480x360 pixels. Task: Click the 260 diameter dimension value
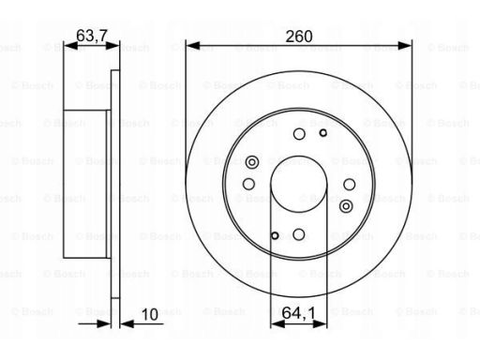tap(299, 37)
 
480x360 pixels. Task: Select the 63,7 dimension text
tap(92, 36)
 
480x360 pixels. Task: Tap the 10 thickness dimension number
tap(150, 314)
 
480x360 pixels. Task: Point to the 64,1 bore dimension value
tap(298, 313)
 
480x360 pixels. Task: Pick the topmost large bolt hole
tap(299, 134)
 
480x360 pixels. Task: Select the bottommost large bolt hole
tap(299, 234)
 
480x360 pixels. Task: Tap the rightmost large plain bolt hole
tap(350, 185)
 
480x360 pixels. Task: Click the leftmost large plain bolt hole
tap(248, 184)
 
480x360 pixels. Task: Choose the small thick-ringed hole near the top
tap(323, 133)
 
